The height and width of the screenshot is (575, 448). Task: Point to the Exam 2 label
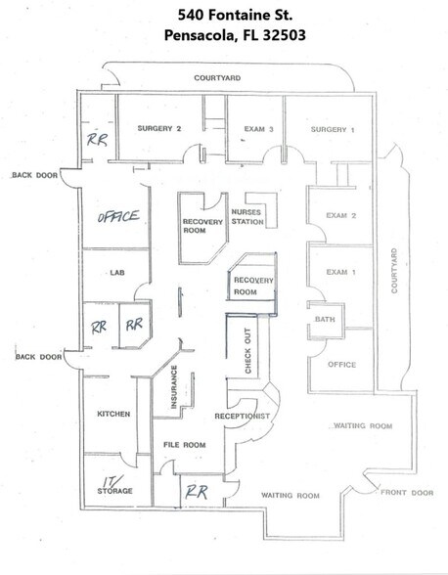pyautogui.click(x=338, y=214)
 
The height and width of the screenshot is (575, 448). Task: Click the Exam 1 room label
pyautogui.click(x=338, y=271)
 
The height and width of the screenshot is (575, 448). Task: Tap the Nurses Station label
pyautogui.click(x=247, y=217)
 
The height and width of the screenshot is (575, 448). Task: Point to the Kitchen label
pyautogui.click(x=113, y=414)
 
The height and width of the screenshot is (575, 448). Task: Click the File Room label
pyautogui.click(x=183, y=445)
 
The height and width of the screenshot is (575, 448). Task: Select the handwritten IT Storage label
pyautogui.click(x=116, y=485)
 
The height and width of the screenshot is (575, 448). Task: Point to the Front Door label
pyautogui.click(x=408, y=493)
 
